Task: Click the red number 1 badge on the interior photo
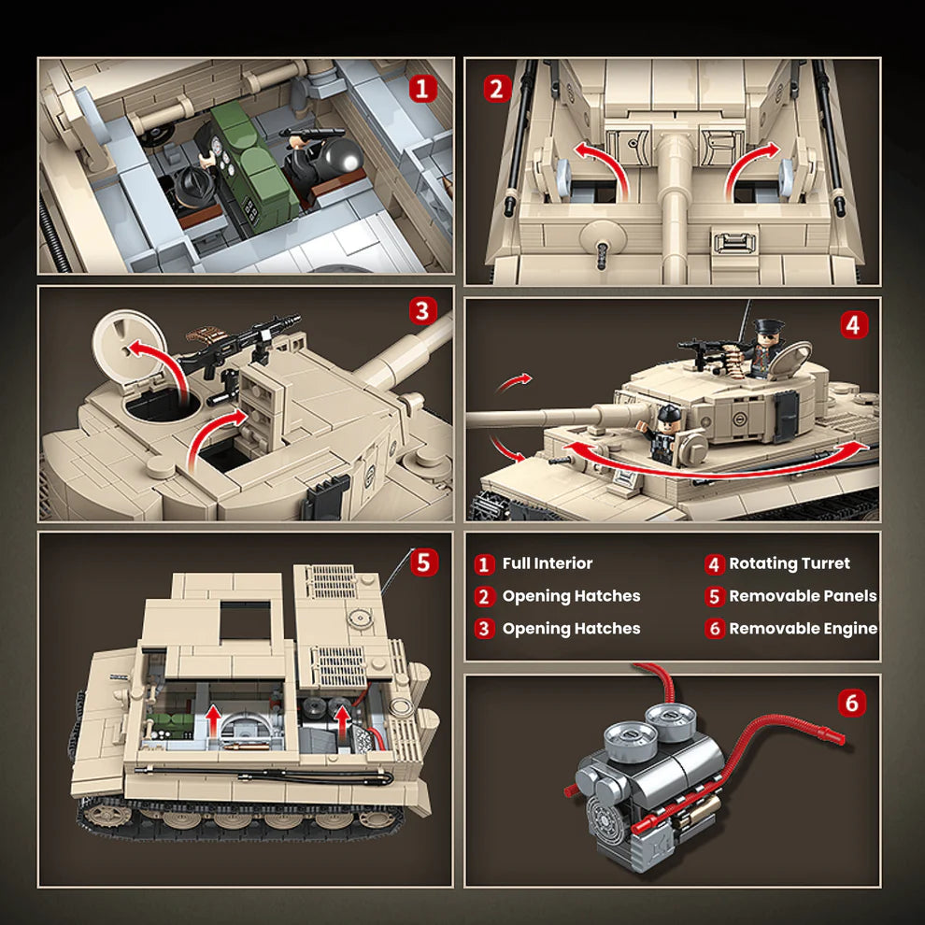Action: pyautogui.click(x=424, y=89)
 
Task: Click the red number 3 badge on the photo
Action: pyautogui.click(x=422, y=311)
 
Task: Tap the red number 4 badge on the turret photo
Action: pyautogui.click(x=851, y=324)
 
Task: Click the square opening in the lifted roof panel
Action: pyautogui.click(x=245, y=619)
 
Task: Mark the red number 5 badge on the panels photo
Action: pyautogui.click(x=423, y=562)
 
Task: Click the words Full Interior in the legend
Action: pyautogui.click(x=547, y=563)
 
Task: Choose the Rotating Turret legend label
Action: pyautogui.click(x=790, y=563)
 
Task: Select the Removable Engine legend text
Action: pyautogui.click(x=803, y=628)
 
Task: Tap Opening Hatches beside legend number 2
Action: pyautogui.click(x=571, y=596)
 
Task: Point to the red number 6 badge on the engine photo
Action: pyautogui.click(x=851, y=702)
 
